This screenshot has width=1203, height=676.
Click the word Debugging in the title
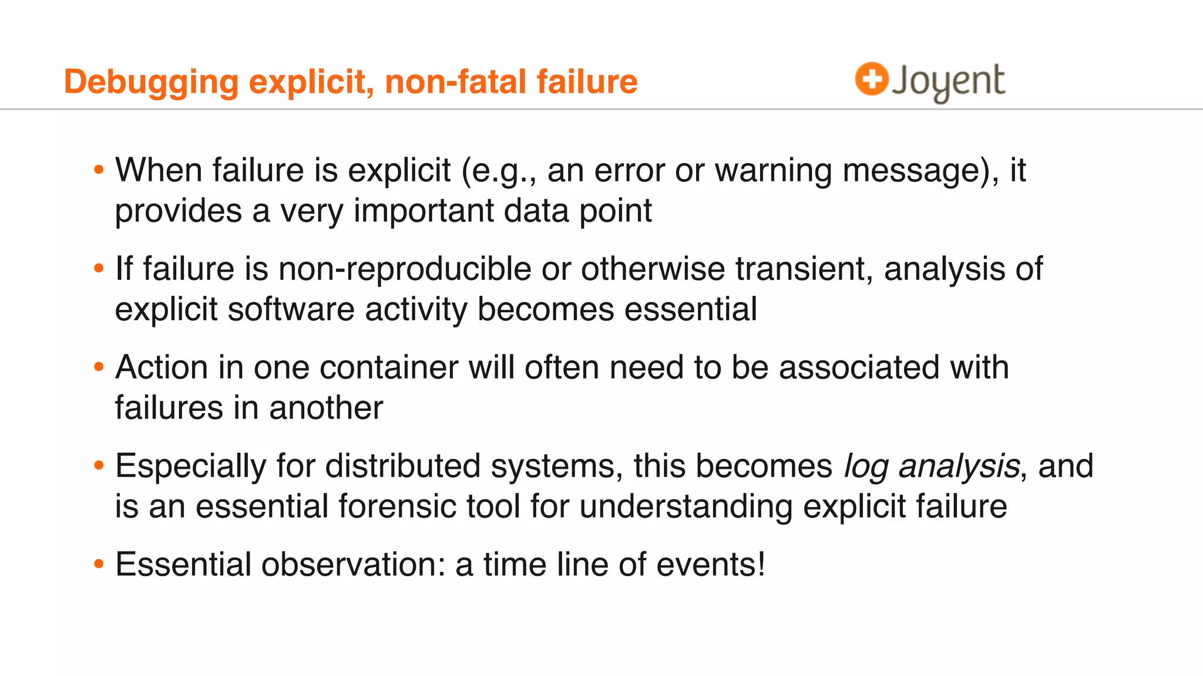pos(151,82)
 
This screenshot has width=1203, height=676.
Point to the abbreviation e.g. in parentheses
pos(503,171)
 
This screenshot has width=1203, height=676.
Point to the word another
pos(326,407)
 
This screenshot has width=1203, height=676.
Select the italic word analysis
pos(959,466)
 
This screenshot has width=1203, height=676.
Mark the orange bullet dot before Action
pos(99,367)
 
